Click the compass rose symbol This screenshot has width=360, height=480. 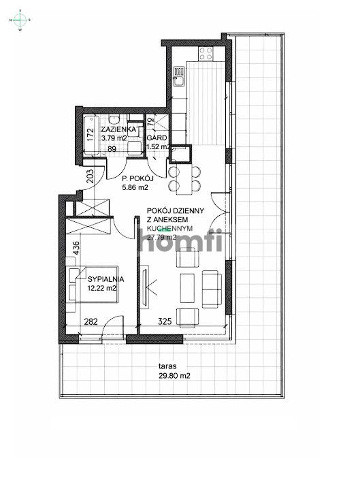click(x=20, y=20)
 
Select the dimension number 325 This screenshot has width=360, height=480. click(x=183, y=321)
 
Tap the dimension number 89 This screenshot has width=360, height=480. click(x=112, y=148)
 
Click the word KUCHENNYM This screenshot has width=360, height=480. click(x=170, y=229)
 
